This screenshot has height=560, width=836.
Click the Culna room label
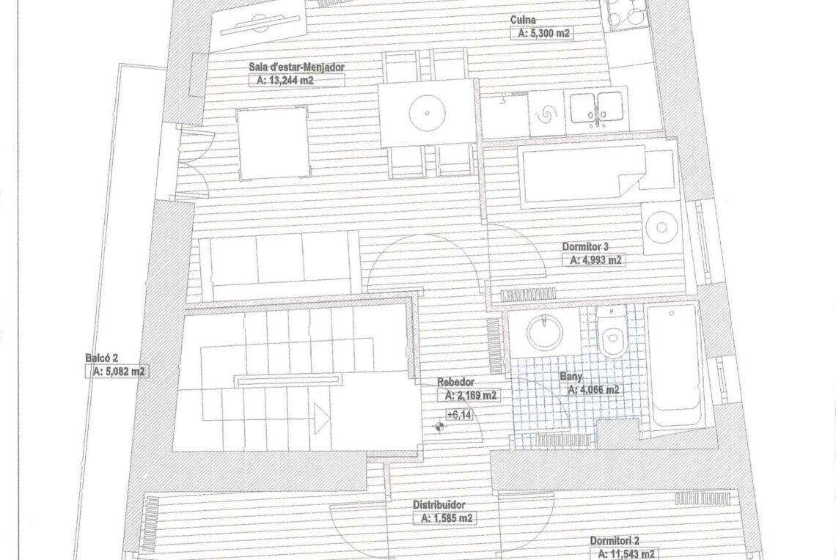522,21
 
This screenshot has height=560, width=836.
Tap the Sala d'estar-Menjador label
296,67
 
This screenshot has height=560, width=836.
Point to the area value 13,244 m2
285,81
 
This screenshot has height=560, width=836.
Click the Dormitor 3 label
585,247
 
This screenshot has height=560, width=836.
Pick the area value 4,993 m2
595,260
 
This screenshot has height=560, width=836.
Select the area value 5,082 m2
118,372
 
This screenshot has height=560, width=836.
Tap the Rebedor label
455,382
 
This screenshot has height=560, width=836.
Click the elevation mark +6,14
459,414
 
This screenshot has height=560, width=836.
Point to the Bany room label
571,377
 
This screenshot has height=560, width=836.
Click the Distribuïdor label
439,504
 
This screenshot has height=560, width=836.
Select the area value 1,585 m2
447,518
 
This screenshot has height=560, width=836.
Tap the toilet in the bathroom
612,331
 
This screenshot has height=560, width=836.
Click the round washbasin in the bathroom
544,333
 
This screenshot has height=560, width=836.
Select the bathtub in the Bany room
673,366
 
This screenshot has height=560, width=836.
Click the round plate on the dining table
427,113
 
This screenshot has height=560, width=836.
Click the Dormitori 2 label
615,541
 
